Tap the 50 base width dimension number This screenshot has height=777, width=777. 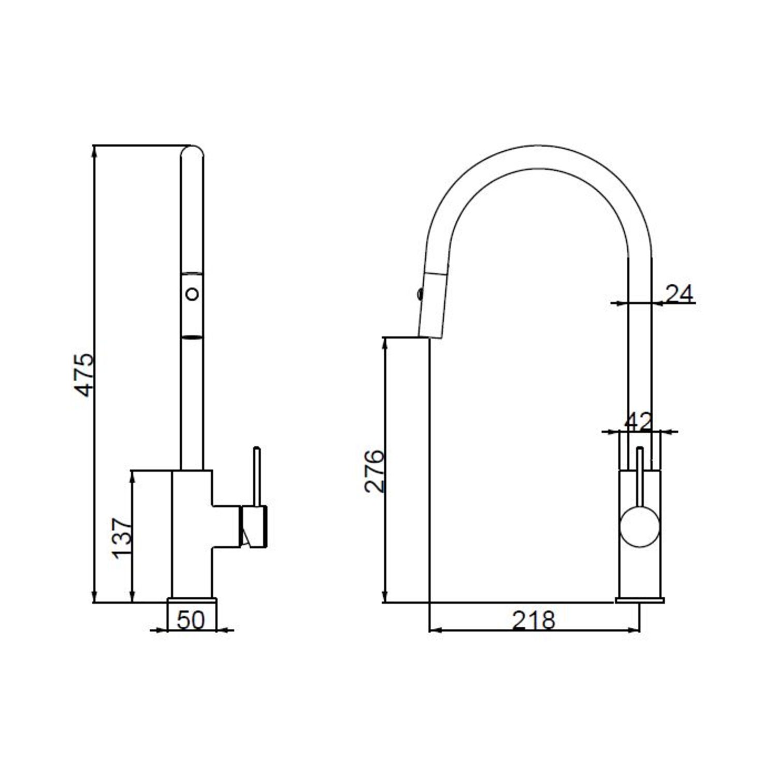pyautogui.click(x=191, y=620)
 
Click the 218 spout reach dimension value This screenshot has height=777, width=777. pyautogui.click(x=534, y=620)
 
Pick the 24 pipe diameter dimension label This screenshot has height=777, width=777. pyautogui.click(x=679, y=294)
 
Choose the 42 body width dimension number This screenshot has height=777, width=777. pyautogui.click(x=638, y=422)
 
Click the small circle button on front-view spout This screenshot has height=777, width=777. pyautogui.click(x=192, y=294)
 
